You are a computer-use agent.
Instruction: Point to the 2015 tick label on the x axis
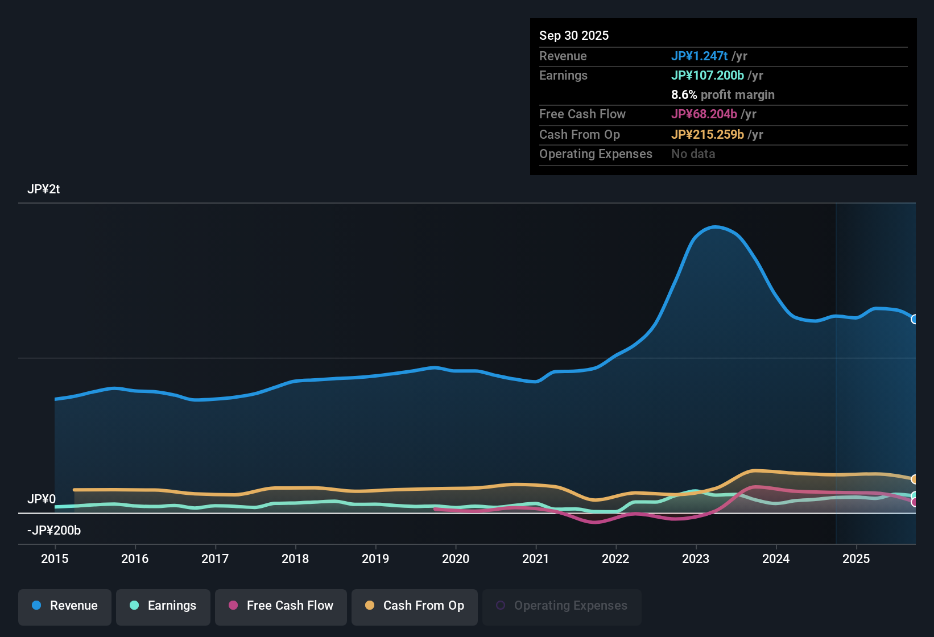[x=55, y=559]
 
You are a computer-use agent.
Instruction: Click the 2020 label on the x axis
[x=456, y=559]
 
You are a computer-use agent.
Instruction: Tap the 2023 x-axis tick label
[x=696, y=559]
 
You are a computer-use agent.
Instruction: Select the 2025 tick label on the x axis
[x=857, y=559]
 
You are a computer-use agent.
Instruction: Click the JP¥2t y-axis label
[x=44, y=189]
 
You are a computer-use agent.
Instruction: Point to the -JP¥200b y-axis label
[x=54, y=530]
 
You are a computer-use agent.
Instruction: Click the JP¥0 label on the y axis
[x=42, y=499]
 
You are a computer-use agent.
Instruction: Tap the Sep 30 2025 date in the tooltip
[x=574, y=35]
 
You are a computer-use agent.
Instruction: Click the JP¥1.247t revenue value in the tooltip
[x=699, y=56]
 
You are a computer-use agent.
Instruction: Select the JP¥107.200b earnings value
[x=708, y=76]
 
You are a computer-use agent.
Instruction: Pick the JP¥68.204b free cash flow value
[x=704, y=114]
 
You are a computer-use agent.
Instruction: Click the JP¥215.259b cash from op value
[x=708, y=135]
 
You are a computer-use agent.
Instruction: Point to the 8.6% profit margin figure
[x=684, y=95]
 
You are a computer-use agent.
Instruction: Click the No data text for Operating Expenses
[x=693, y=154]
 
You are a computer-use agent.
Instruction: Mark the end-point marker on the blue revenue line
[x=914, y=319]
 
